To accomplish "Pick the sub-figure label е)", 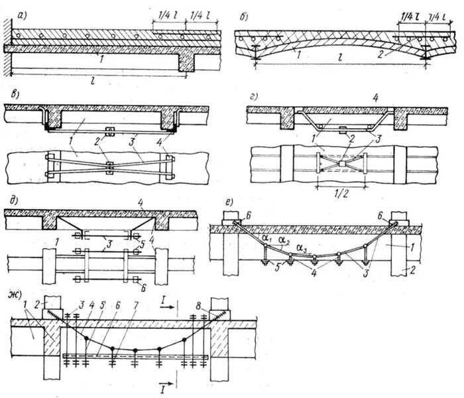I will (x=217, y=199).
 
